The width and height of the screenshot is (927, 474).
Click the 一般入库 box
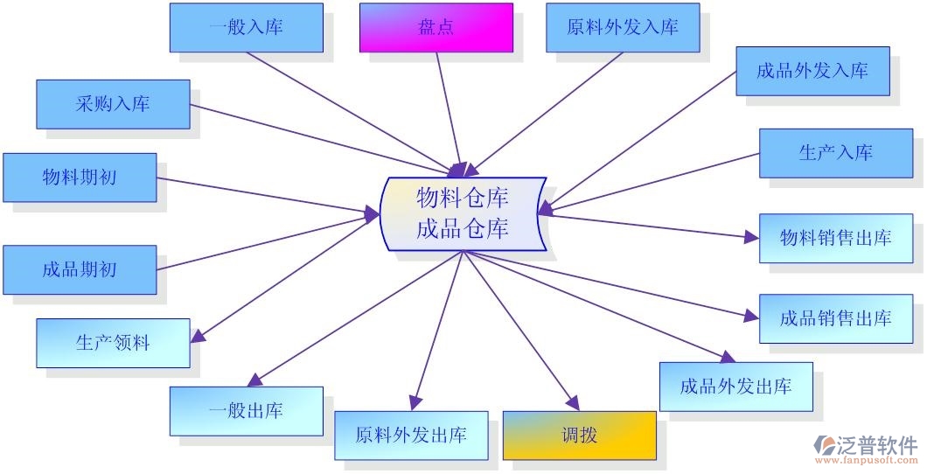click(246, 27)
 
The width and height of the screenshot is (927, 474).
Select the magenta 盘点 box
click(436, 27)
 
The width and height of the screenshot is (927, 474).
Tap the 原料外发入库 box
click(622, 27)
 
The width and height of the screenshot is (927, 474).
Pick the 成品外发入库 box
click(812, 71)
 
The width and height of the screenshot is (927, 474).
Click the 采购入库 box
click(113, 104)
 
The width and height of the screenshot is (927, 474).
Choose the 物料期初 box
click(80, 178)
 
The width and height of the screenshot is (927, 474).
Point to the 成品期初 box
click(80, 269)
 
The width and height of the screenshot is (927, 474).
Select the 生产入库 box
click(835, 153)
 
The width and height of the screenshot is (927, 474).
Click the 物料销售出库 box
click(835, 238)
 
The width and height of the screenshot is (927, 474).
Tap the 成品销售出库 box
click(835, 318)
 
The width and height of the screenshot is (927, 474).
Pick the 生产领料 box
click(113, 343)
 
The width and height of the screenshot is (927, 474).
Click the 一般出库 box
click(246, 411)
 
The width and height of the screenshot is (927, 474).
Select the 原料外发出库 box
click(411, 435)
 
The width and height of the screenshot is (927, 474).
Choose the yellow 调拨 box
click(579, 435)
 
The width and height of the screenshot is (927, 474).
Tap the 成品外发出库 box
click(735, 387)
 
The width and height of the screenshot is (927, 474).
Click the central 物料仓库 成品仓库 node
click(463, 213)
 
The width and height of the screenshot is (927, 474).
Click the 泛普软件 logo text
click(875, 444)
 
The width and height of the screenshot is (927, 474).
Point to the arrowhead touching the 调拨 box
click(573, 404)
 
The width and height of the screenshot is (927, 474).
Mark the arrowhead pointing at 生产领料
click(198, 337)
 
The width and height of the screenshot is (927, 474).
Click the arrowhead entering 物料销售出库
click(751, 236)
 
